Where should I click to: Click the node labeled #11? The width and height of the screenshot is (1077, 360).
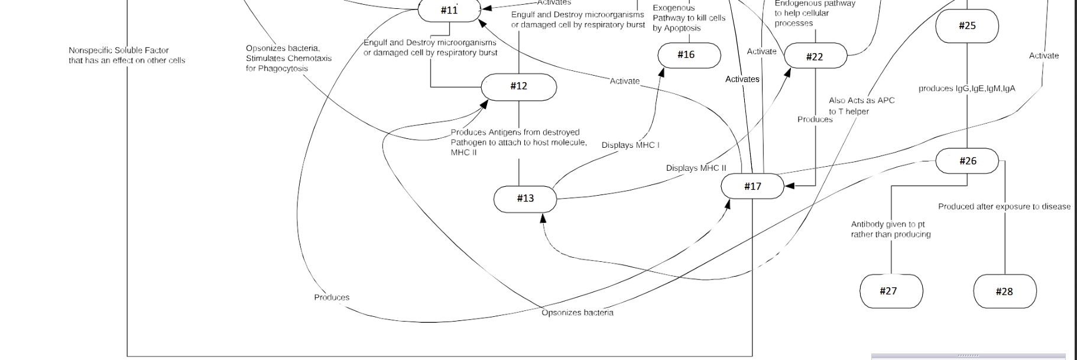tap(449, 10)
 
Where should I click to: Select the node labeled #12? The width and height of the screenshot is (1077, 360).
tap(518, 86)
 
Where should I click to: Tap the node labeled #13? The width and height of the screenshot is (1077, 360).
tap(525, 199)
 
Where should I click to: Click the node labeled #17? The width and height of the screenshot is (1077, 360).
tap(752, 186)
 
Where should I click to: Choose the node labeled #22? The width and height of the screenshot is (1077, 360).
tap(815, 57)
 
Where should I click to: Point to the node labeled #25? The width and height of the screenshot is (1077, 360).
tap(967, 26)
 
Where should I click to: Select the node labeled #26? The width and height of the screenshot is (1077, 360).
tap(967, 161)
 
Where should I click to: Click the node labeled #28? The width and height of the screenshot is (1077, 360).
tap(1004, 291)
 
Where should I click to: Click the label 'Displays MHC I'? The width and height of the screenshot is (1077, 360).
tap(630, 145)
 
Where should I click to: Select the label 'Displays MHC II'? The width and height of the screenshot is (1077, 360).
tap(696, 168)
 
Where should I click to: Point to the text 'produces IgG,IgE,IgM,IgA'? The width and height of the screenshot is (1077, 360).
tap(966, 89)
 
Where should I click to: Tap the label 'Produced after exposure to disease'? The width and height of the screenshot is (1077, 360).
tap(1004, 206)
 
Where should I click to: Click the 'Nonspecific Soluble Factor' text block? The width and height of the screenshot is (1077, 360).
tap(126, 55)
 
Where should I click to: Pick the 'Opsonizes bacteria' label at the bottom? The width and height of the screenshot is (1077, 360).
tap(577, 313)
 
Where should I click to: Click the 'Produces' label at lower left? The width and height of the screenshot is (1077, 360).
tap(332, 297)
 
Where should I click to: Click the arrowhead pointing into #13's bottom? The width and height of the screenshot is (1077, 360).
tap(543, 218)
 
